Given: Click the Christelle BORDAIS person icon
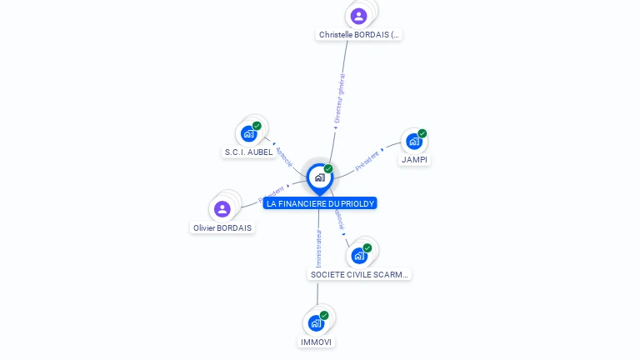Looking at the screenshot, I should pyautogui.click(x=358, y=16).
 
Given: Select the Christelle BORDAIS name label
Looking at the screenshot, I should pyautogui.click(x=359, y=35).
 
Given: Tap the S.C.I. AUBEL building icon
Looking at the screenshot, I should pyautogui.click(x=248, y=133).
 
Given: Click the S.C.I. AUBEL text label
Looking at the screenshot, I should pyautogui.click(x=248, y=152).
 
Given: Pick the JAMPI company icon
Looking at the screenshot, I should pyautogui.click(x=414, y=141).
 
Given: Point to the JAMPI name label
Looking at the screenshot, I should pyautogui.click(x=414, y=159).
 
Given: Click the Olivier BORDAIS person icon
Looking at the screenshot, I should pyautogui.click(x=222, y=209).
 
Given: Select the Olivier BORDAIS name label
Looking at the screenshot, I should pyautogui.click(x=222, y=227).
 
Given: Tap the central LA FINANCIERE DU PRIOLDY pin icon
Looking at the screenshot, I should pyautogui.click(x=319, y=177).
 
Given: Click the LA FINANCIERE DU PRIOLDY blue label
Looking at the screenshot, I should pyautogui.click(x=320, y=203).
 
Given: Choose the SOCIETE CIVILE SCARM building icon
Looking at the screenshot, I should pyautogui.click(x=359, y=255).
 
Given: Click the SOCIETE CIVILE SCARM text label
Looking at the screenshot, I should pyautogui.click(x=360, y=274).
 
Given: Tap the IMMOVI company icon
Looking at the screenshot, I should pyautogui.click(x=316, y=322).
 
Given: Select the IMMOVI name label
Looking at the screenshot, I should pyautogui.click(x=317, y=342).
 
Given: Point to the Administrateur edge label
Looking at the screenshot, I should pyautogui.click(x=318, y=247).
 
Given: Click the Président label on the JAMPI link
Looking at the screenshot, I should pyautogui.click(x=367, y=160).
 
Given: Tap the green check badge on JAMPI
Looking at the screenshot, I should pyautogui.click(x=422, y=133).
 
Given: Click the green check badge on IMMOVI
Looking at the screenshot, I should pyautogui.click(x=324, y=315).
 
